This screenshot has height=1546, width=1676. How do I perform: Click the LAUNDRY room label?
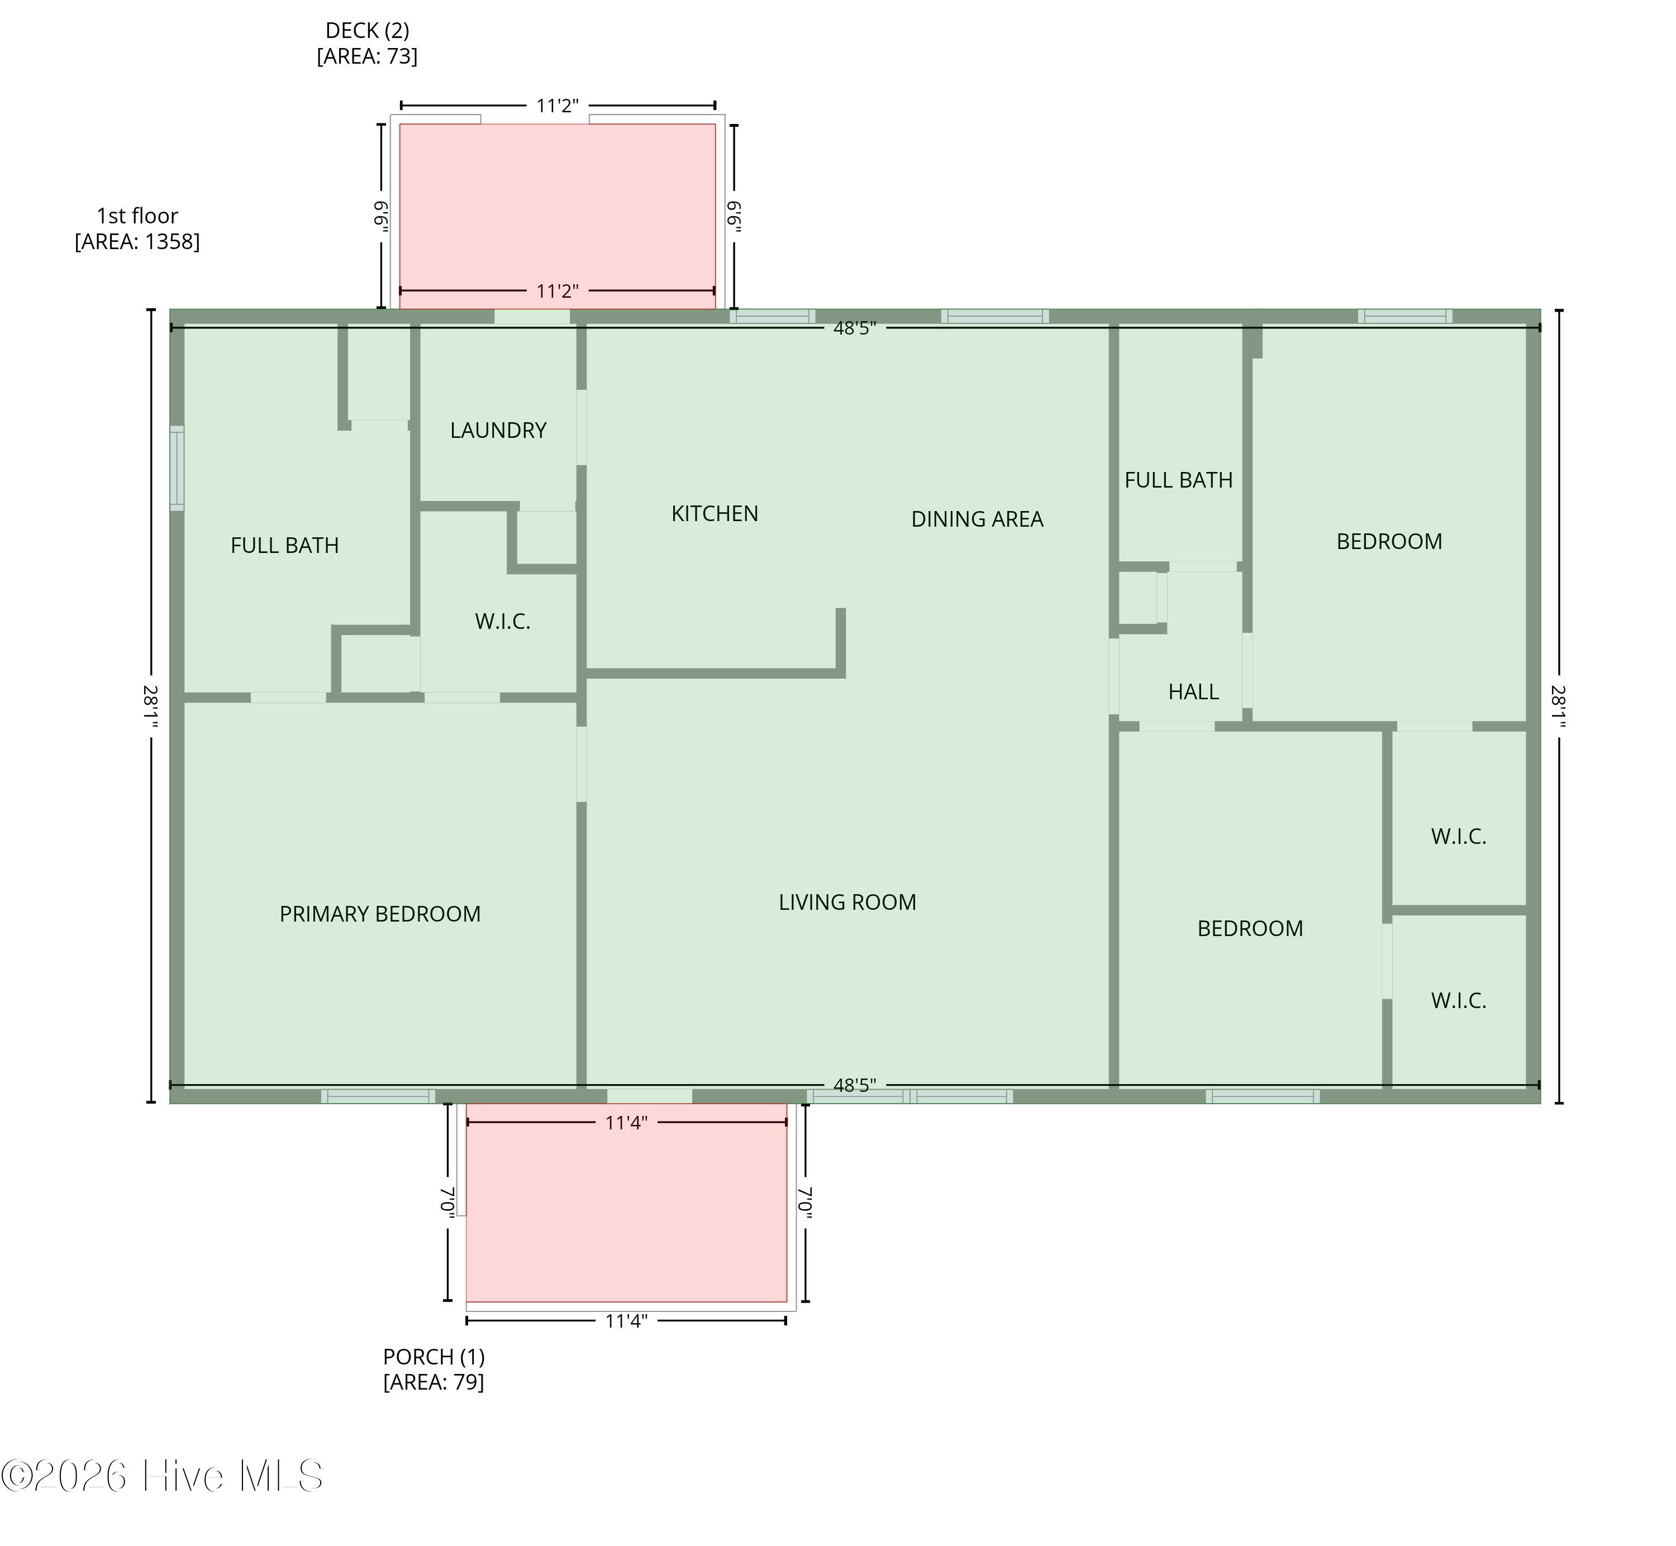coord(498,430)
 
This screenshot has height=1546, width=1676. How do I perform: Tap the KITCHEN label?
coord(715,514)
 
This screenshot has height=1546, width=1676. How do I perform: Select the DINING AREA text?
coord(977,519)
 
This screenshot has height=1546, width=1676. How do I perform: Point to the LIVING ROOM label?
coord(847,903)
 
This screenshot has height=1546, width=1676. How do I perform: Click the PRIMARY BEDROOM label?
coord(380,914)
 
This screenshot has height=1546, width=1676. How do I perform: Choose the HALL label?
coord(1193,692)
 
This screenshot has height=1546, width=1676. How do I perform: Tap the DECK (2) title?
coord(368,31)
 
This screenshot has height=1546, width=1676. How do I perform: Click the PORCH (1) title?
coord(434,1356)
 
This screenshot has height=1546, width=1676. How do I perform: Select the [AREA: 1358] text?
coord(137,242)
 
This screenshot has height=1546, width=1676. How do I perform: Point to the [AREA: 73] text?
coord(368,56)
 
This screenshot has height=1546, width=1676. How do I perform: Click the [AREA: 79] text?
coord(434,1381)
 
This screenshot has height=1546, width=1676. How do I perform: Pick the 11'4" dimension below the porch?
coord(626,1321)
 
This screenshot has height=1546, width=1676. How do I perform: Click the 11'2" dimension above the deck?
coord(558,106)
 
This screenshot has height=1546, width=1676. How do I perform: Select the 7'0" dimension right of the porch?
coord(805,1202)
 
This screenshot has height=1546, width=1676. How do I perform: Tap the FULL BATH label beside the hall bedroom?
coord(1178,480)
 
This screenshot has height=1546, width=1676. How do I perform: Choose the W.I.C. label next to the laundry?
coord(502,622)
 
